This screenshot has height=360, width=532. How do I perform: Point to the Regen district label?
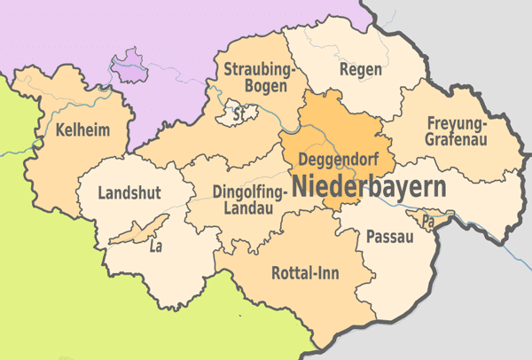pyautogui.click(x=361, y=68)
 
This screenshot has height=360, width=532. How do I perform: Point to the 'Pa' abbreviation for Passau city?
pyautogui.click(x=429, y=219)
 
